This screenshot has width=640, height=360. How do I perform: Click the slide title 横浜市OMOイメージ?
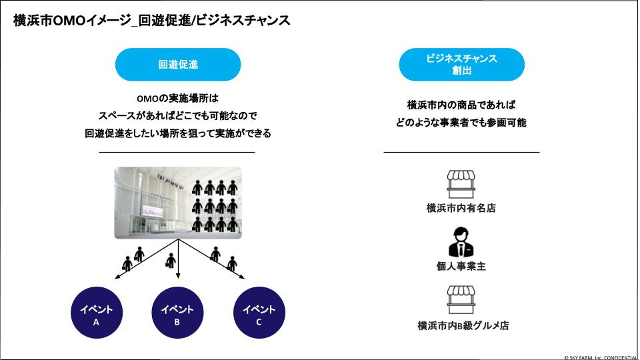pos(152,21)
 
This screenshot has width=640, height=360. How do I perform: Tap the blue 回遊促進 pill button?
pos(178,65)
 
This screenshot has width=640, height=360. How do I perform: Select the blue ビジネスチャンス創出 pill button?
pos(461,65)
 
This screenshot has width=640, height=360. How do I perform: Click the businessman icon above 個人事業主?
pos(461,242)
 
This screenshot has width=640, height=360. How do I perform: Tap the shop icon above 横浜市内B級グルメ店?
pos(461,300)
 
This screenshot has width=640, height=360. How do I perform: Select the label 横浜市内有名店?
pos(461,208)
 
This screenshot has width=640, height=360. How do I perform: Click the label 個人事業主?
pos(461,267)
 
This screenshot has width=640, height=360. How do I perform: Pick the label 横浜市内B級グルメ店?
pos(461,326)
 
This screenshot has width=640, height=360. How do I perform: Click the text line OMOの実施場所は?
pos(178,98)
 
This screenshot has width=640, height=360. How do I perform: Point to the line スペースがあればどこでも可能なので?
pos(178,115)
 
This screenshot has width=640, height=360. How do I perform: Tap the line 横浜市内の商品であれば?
pos(461,105)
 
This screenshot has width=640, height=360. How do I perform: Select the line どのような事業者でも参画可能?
pos(461,123)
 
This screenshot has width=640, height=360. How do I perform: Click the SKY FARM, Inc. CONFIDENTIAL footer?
pos(601,356)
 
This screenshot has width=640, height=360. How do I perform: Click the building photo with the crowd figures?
pos(178,203)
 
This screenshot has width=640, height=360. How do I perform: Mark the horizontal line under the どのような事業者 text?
pos(461,152)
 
